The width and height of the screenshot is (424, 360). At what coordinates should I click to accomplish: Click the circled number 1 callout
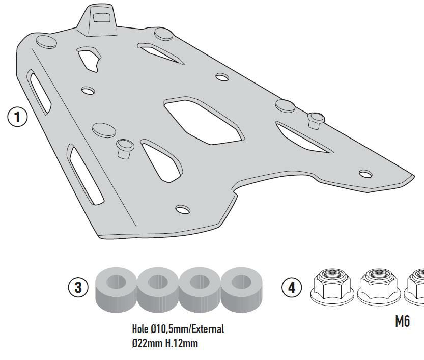point(17,117)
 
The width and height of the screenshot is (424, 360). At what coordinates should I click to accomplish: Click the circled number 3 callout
point(78,287)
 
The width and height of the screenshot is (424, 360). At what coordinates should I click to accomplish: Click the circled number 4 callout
point(291,287)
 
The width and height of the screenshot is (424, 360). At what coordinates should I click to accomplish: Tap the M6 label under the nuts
point(402,321)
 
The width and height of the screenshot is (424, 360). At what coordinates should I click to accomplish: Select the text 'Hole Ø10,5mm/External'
point(178,329)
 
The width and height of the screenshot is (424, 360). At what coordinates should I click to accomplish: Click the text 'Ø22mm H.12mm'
point(164,343)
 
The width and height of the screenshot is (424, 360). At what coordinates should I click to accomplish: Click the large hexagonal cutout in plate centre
point(203,121)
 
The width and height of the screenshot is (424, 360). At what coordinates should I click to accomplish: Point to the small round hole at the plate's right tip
point(365,174)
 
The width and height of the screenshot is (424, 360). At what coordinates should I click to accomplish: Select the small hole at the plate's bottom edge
point(182,209)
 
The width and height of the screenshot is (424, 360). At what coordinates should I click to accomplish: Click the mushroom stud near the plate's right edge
point(316,119)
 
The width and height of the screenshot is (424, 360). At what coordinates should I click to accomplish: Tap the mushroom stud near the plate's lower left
point(124,148)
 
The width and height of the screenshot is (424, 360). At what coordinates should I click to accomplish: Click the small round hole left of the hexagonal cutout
point(88,91)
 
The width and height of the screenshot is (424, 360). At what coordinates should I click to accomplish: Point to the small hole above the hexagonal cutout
point(222,77)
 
